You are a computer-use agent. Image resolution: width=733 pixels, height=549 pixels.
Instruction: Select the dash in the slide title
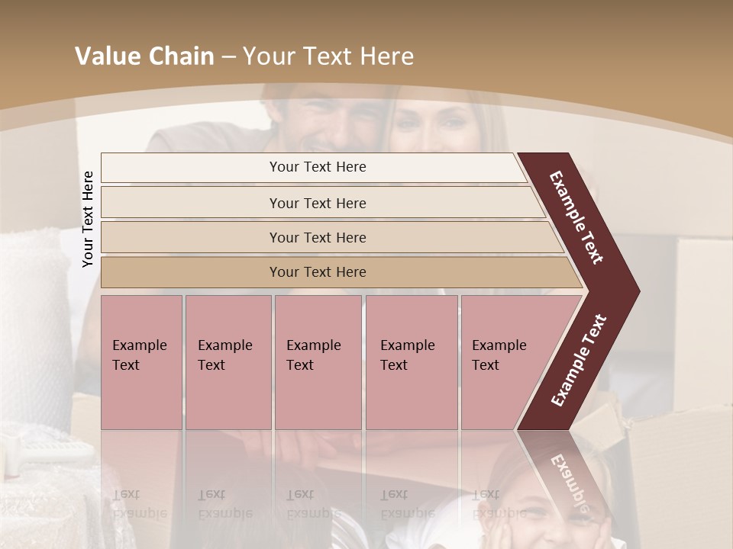[x=228, y=57]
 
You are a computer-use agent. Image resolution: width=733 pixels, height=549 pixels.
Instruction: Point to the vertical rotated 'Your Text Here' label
[x=88, y=219]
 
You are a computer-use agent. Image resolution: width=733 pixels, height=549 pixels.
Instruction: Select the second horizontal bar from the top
[x=318, y=203]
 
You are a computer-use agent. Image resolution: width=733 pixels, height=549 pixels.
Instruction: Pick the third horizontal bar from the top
[x=318, y=237]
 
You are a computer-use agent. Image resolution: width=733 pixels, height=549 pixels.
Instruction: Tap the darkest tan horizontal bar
[x=318, y=271]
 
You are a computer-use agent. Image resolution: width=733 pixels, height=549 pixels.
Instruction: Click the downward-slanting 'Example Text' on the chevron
[x=576, y=217]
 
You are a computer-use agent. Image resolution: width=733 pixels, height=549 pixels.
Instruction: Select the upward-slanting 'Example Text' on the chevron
[x=579, y=360]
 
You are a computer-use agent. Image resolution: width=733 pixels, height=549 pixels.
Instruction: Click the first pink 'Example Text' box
[x=141, y=362]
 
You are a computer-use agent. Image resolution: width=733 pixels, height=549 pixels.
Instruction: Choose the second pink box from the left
[x=228, y=362]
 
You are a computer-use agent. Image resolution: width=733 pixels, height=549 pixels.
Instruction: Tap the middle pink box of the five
[x=318, y=362]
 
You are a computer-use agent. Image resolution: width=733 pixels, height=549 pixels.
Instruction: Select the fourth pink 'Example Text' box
[x=411, y=362]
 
